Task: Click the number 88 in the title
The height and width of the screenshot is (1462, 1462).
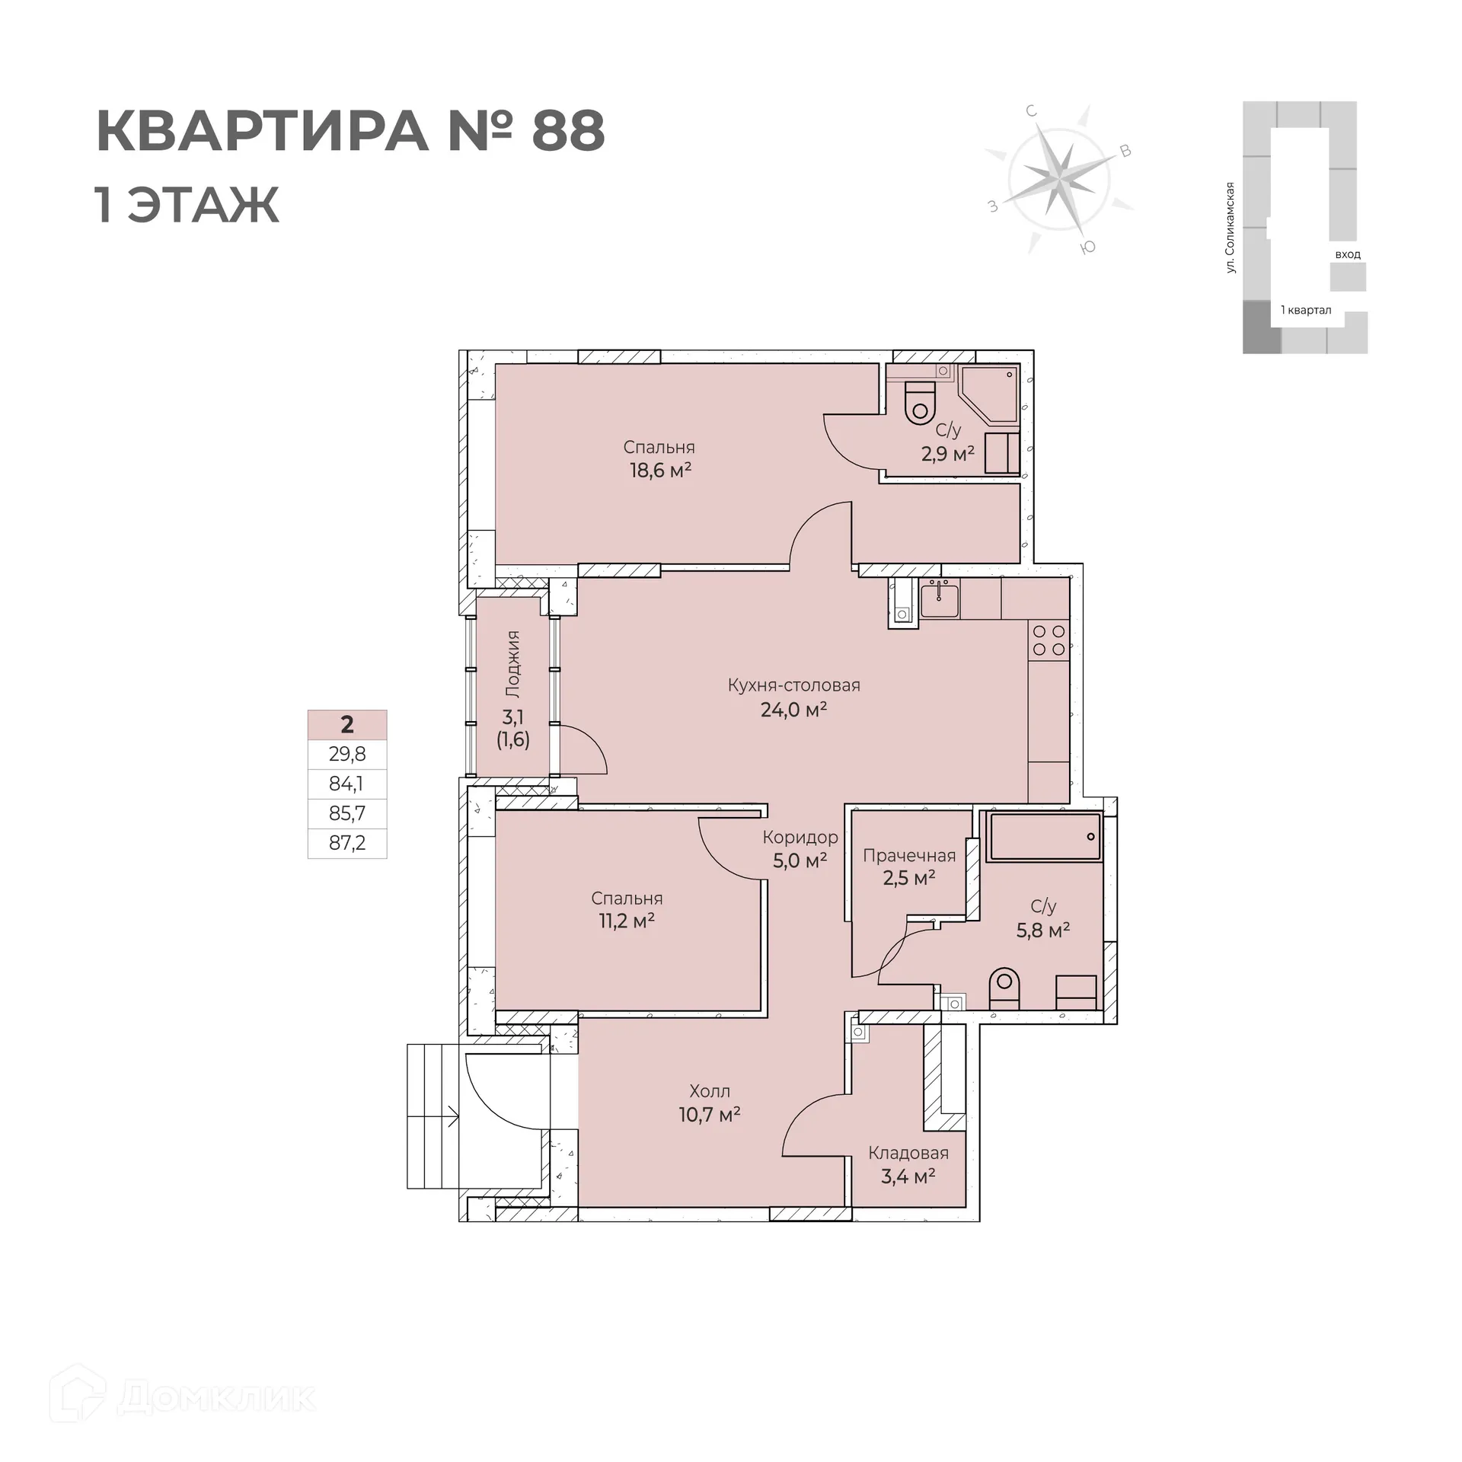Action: pyautogui.click(x=567, y=131)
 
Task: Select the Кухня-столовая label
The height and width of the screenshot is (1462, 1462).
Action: pyautogui.click(x=793, y=685)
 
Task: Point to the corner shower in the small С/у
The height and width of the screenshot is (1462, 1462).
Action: pyautogui.click(x=989, y=394)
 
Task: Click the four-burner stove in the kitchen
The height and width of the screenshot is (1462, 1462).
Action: pyautogui.click(x=1049, y=640)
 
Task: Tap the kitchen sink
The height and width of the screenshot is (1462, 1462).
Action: pyautogui.click(x=940, y=600)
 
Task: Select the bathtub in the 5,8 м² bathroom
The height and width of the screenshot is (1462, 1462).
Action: pyautogui.click(x=1044, y=837)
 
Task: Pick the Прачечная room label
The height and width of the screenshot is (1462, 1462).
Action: pyautogui.click(x=909, y=856)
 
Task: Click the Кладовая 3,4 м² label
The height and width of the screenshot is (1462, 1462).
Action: pyautogui.click(x=908, y=1164)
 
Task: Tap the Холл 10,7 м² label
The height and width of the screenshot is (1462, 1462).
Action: pyautogui.click(x=710, y=1103)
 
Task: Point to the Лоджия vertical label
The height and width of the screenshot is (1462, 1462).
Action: pyautogui.click(x=512, y=664)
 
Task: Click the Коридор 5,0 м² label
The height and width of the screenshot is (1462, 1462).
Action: pyautogui.click(x=800, y=848)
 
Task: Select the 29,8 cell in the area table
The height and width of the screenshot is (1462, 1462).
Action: pyautogui.click(x=347, y=754)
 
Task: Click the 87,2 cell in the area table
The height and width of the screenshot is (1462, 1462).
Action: pyautogui.click(x=347, y=843)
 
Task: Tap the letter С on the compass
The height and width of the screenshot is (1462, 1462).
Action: pyautogui.click(x=1032, y=111)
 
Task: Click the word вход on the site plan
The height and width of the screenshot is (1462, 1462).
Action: pyautogui.click(x=1347, y=254)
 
